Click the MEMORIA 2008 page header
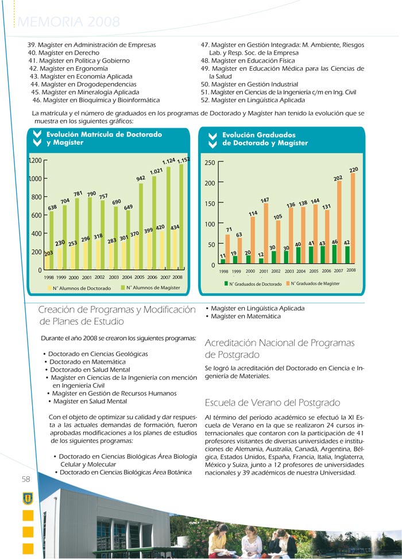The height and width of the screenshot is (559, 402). (x=69, y=22)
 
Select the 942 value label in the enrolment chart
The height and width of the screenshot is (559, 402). (x=140, y=178)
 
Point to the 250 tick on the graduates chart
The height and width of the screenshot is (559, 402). (x=210, y=163)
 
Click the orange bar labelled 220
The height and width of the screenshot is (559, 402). (x=353, y=218)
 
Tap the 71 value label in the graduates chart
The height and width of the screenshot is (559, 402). (x=229, y=229)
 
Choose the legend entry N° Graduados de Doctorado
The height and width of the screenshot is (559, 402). (x=252, y=284)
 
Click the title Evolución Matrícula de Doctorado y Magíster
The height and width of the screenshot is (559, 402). (x=103, y=138)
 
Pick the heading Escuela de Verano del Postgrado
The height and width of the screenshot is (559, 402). (x=272, y=402)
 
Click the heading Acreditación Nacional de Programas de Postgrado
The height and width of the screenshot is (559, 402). (x=280, y=349)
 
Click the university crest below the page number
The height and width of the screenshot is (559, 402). (x=27, y=498)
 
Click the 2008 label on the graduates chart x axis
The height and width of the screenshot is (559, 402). (x=351, y=270)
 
